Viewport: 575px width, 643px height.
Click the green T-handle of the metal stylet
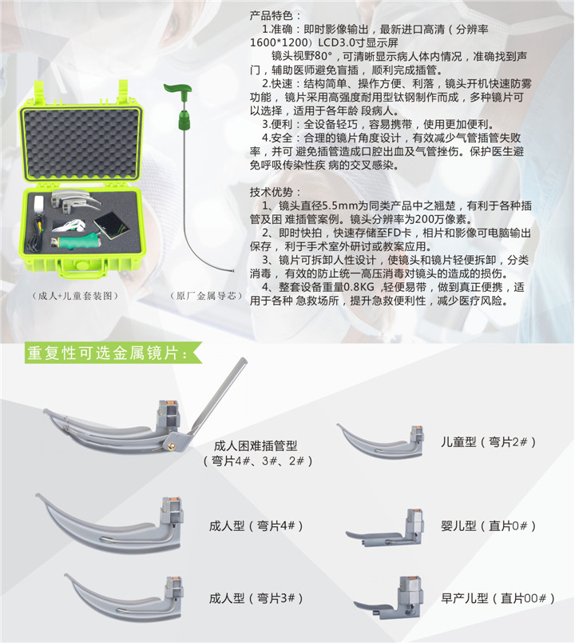177,87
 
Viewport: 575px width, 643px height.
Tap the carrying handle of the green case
81,270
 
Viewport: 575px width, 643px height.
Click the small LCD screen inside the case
109,226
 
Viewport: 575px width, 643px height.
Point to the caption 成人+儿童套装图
75,296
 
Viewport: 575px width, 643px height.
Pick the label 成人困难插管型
256,445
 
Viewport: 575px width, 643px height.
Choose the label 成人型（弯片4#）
256,525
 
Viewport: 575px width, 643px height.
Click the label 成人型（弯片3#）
256,598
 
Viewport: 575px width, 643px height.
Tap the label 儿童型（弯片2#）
489,442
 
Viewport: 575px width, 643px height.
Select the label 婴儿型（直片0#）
489,525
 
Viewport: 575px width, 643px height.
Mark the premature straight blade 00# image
389,597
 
